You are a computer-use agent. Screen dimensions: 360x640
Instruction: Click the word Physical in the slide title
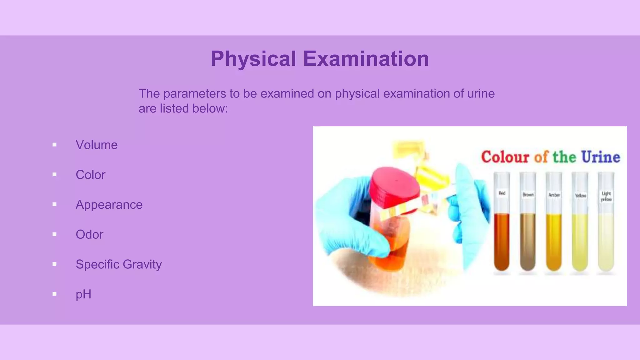(x=253, y=59)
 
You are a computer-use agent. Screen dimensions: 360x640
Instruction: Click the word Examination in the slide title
(x=366, y=59)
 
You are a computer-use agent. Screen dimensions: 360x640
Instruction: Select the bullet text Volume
(x=97, y=145)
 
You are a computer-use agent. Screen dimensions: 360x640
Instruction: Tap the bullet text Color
(x=90, y=175)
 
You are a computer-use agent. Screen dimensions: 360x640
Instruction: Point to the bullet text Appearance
(x=109, y=205)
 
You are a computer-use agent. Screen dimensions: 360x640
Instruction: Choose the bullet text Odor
(x=89, y=234)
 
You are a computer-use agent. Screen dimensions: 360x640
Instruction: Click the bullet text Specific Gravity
(x=118, y=264)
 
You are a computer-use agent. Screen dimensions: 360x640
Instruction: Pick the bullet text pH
(x=83, y=294)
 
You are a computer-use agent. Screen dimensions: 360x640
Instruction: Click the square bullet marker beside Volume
(x=54, y=145)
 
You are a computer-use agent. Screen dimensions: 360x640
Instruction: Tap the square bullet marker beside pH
(x=54, y=294)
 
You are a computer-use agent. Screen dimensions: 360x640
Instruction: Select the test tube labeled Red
(x=502, y=231)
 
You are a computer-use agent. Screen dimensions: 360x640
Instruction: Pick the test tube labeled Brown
(x=528, y=231)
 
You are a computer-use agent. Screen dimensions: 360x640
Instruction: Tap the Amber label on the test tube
(x=554, y=195)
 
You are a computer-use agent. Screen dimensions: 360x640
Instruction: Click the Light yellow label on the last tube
(x=606, y=196)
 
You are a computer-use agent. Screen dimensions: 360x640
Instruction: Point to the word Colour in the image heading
(x=505, y=157)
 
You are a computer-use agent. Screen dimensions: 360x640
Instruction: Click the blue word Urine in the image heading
(x=601, y=157)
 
